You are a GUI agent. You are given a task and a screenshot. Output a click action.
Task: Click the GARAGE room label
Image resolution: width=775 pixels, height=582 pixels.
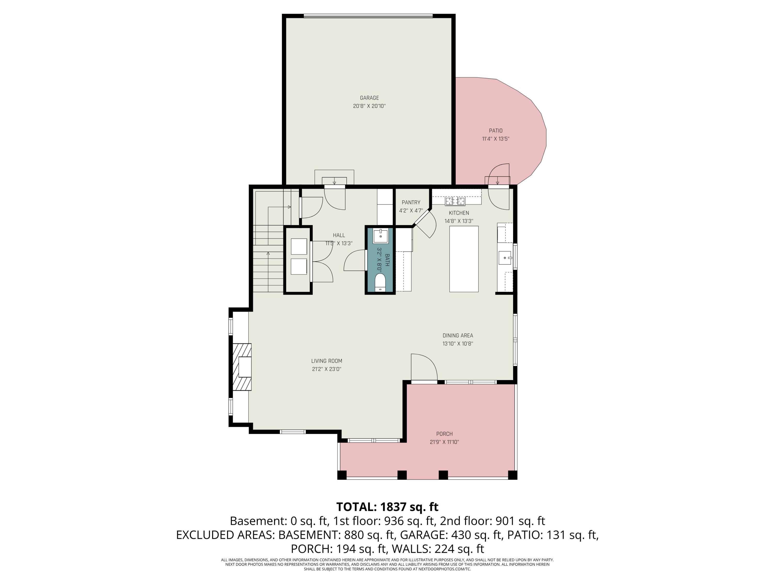tap(369, 98)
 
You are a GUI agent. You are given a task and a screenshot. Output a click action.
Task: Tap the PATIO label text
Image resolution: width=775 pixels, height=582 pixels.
tap(496, 131)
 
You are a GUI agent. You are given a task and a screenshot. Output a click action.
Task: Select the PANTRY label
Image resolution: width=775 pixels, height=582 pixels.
tap(411, 203)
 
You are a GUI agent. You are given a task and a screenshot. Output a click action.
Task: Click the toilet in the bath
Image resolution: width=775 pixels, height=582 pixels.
tap(380, 283)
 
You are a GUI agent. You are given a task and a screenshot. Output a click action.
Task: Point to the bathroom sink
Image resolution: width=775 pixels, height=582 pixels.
tap(381, 236)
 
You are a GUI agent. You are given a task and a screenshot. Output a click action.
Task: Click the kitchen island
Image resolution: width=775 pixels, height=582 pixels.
tap(464, 259)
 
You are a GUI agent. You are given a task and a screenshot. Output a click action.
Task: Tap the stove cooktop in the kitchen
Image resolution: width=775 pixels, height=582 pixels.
tap(455, 201)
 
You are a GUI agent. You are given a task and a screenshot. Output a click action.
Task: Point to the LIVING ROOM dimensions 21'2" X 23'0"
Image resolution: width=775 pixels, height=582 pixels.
tap(327, 369)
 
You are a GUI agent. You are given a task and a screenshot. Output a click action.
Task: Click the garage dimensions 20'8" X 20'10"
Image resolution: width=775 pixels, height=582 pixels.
tap(369, 106)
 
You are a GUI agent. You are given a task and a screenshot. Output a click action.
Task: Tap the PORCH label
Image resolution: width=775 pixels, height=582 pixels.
tap(444, 434)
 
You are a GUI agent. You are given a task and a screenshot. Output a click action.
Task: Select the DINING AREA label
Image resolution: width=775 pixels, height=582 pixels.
tap(458, 335)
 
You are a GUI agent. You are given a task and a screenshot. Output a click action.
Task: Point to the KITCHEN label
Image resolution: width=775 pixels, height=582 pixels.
tap(459, 213)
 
